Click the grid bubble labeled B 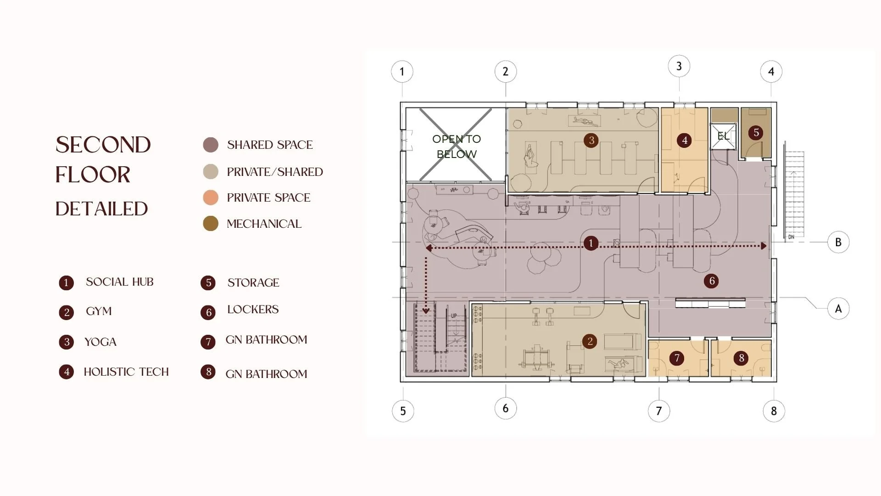(838, 242)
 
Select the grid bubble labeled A (838, 309)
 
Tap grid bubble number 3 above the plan (679, 66)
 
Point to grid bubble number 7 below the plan (659, 411)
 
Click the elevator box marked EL (723, 136)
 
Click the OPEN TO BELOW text (457, 147)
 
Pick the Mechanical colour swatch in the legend (211, 224)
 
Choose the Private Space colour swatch (211, 197)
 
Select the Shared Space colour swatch (211, 145)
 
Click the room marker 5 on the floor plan (756, 133)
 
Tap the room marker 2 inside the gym (590, 341)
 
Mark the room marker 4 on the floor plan (685, 140)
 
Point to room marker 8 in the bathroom (742, 358)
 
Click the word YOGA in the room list (100, 342)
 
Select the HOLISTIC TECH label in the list (126, 372)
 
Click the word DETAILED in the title (101, 209)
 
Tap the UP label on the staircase (454, 316)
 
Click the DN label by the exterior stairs (791, 237)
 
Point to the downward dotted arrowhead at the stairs (426, 310)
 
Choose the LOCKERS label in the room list (253, 310)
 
